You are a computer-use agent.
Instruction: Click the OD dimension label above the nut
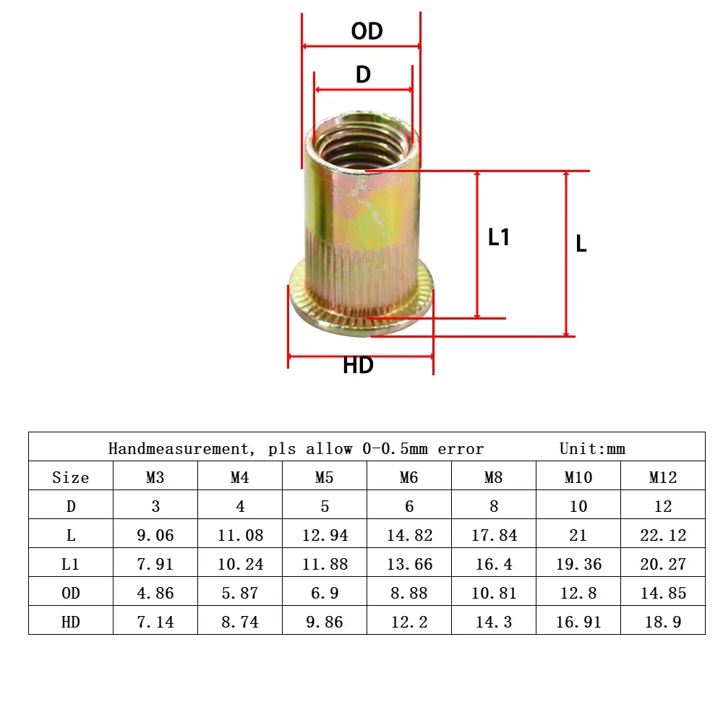[367, 31]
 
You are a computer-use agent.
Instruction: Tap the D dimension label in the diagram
[363, 74]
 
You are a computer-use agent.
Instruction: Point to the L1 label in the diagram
[499, 237]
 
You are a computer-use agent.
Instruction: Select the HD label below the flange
[358, 366]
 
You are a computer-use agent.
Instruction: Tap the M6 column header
[409, 477]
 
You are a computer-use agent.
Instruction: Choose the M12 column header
[662, 477]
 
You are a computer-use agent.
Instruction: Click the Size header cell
[71, 477]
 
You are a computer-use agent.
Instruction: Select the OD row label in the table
[71, 593]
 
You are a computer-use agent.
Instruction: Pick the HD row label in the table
[71, 622]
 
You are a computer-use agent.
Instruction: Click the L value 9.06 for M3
[155, 535]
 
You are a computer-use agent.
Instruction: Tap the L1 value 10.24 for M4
[240, 564]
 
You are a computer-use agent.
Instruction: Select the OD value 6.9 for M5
[325, 593]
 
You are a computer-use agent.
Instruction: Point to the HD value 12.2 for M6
[409, 622]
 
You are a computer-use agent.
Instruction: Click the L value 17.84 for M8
[494, 535]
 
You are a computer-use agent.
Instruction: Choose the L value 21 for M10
[578, 535]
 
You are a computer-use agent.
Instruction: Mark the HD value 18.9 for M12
[662, 622]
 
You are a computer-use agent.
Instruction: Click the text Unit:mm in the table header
[592, 448]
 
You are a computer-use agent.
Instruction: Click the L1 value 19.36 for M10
[578, 564]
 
